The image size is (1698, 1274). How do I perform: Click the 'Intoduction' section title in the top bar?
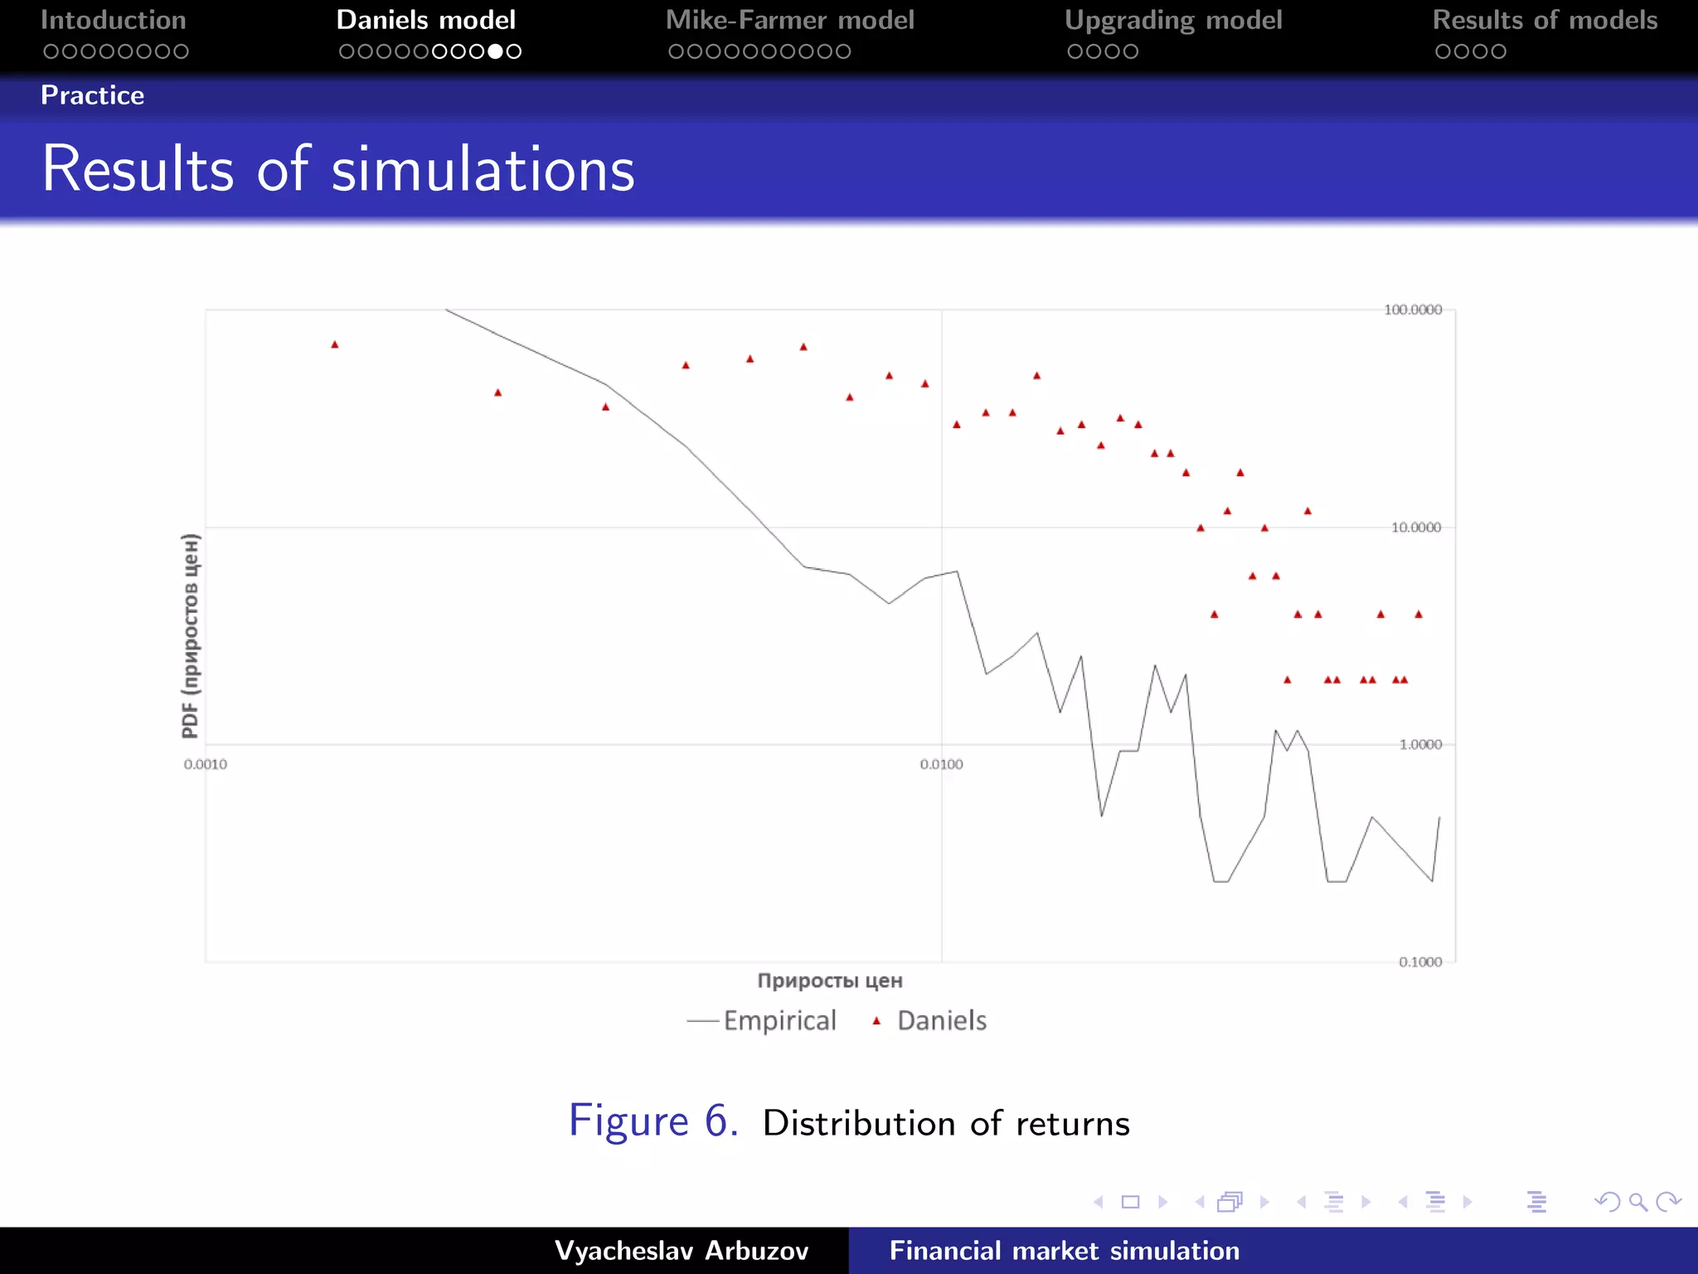(x=114, y=20)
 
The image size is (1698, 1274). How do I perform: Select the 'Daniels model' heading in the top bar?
(x=425, y=20)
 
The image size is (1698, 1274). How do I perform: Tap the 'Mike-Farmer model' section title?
(x=789, y=20)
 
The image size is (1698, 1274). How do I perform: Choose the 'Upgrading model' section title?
(x=1172, y=20)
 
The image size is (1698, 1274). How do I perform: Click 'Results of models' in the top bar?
(x=1545, y=20)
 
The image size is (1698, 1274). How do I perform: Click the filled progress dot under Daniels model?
(x=495, y=51)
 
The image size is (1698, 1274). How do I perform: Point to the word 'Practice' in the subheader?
(x=92, y=95)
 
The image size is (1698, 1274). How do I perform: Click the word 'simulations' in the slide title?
(x=483, y=169)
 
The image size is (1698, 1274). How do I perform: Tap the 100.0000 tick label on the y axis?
(x=1413, y=309)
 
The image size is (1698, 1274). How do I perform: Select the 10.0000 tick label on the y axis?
(x=1416, y=528)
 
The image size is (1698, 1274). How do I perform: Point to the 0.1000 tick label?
(x=1420, y=962)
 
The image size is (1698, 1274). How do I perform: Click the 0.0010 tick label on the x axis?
(x=205, y=765)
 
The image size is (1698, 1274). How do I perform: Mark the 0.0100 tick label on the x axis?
(x=941, y=765)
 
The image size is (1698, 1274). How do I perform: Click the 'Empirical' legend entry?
(x=779, y=1020)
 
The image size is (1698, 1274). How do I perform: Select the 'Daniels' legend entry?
(x=941, y=1020)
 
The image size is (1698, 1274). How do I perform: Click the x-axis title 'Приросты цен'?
(x=829, y=980)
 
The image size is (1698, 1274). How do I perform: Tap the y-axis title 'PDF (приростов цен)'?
(x=191, y=635)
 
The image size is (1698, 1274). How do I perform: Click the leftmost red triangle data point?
(x=335, y=344)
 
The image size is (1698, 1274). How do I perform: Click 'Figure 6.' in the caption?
(x=653, y=1121)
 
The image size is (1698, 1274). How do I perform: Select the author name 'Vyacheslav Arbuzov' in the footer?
(x=681, y=1251)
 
